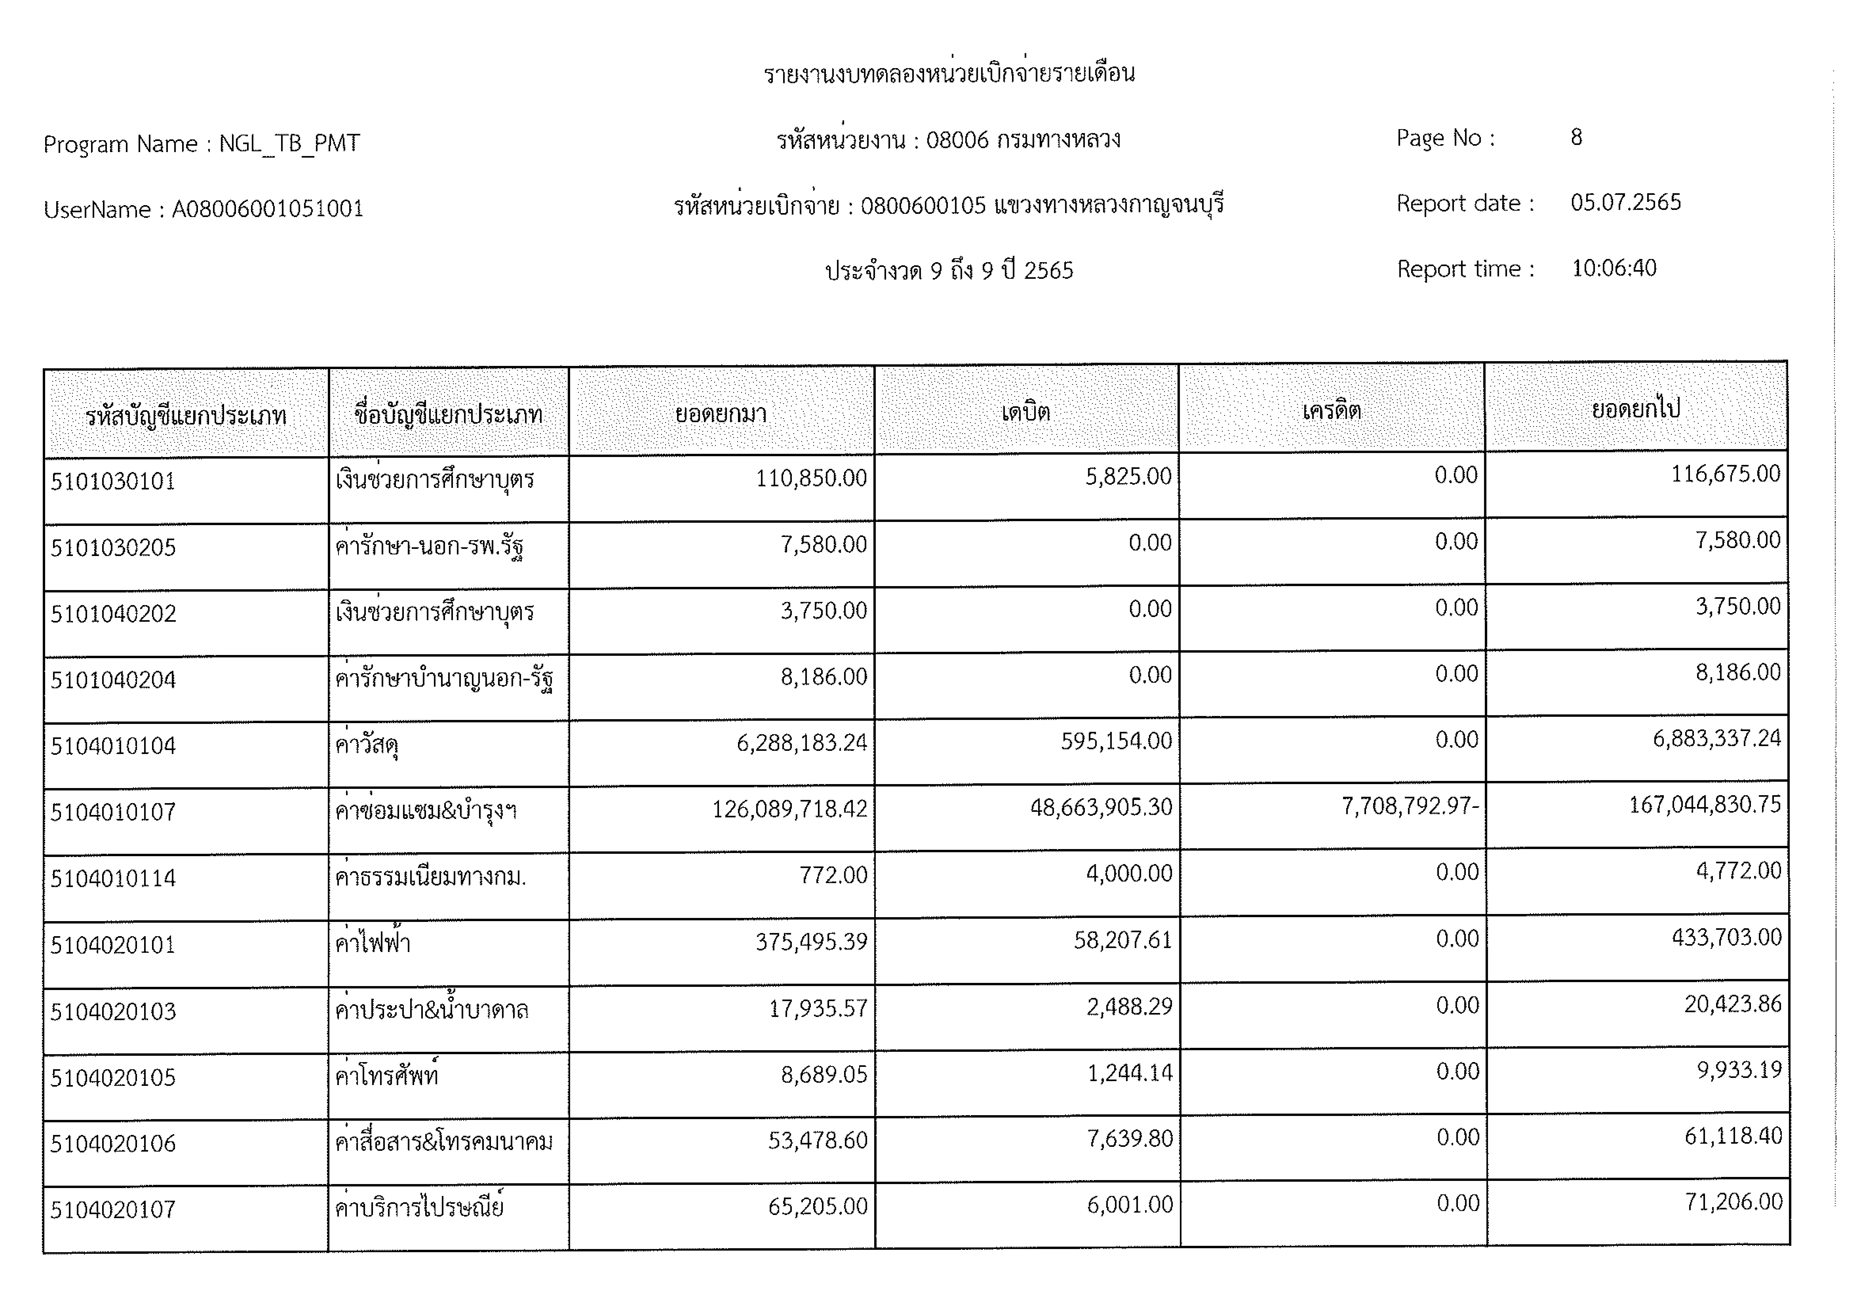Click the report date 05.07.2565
tap(1625, 202)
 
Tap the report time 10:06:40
tap(1613, 268)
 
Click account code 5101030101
tap(113, 482)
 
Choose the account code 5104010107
tap(113, 812)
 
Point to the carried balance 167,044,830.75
tap(1704, 804)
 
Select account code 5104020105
tap(113, 1078)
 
